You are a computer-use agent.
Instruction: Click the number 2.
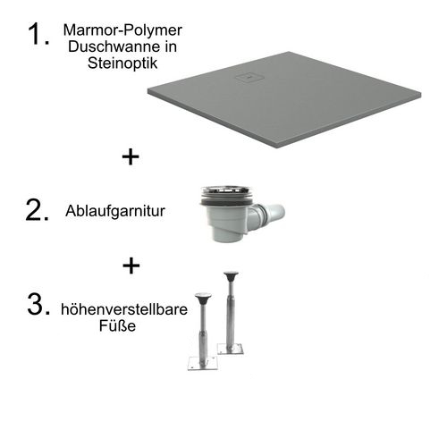[36, 211]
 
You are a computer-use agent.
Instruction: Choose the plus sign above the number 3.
[131, 266]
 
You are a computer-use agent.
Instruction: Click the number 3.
[36, 305]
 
